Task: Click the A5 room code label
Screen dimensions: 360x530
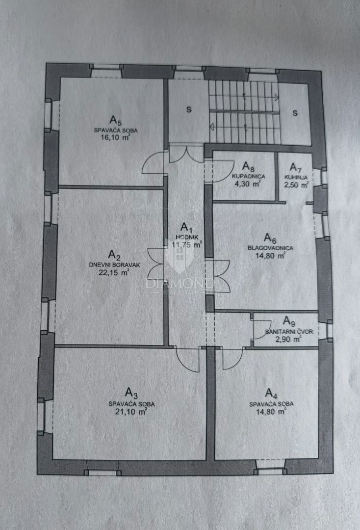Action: (x=115, y=120)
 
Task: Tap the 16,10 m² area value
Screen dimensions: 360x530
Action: (x=115, y=137)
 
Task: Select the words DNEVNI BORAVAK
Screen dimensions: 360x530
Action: (x=114, y=265)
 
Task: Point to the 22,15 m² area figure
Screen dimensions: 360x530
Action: (x=114, y=273)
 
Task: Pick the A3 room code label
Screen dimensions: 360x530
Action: (x=131, y=393)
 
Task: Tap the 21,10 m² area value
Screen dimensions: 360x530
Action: (x=131, y=412)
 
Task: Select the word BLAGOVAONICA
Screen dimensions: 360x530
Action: (x=271, y=248)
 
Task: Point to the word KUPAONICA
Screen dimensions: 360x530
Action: (x=249, y=177)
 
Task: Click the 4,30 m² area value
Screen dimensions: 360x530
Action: (x=248, y=184)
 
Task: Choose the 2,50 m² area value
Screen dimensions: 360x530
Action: (x=297, y=185)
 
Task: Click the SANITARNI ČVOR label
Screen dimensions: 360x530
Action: (x=289, y=332)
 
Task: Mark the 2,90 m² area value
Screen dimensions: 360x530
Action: (x=288, y=340)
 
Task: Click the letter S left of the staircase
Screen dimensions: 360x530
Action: (x=189, y=109)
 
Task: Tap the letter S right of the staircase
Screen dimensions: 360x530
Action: (x=295, y=113)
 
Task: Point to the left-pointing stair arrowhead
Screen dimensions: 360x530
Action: (x=212, y=127)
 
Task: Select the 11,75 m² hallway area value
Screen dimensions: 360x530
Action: (x=187, y=245)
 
